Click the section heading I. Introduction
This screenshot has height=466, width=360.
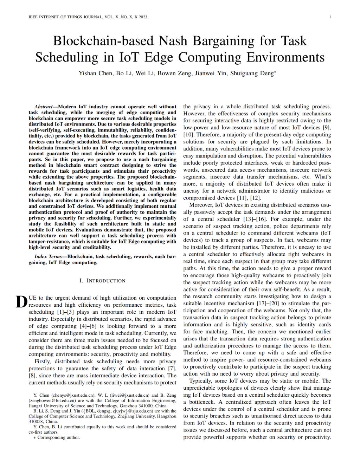102,281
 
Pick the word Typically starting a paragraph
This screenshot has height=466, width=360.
201,381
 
